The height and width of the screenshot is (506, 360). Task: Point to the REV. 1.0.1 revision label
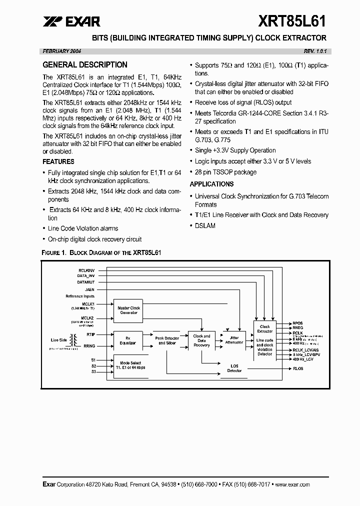pyautogui.click(x=317, y=51)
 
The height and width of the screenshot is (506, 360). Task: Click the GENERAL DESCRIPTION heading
pyautogui.click(x=85, y=65)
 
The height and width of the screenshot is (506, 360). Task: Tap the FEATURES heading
pyautogui.click(x=58, y=161)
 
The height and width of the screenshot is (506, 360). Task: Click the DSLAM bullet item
pyautogui.click(x=205, y=225)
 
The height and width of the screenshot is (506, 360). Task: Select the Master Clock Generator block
pyautogui.click(x=128, y=310)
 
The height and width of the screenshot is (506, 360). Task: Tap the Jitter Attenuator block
pyautogui.click(x=234, y=340)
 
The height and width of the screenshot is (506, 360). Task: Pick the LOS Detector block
pyautogui.click(x=234, y=368)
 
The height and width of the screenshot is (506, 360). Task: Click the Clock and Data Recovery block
pyautogui.click(x=202, y=340)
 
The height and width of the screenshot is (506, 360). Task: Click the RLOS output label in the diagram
pyautogui.click(x=298, y=368)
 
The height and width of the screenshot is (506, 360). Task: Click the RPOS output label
pyautogui.click(x=298, y=323)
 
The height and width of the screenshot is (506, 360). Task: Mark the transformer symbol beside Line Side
pyautogui.click(x=76, y=340)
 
